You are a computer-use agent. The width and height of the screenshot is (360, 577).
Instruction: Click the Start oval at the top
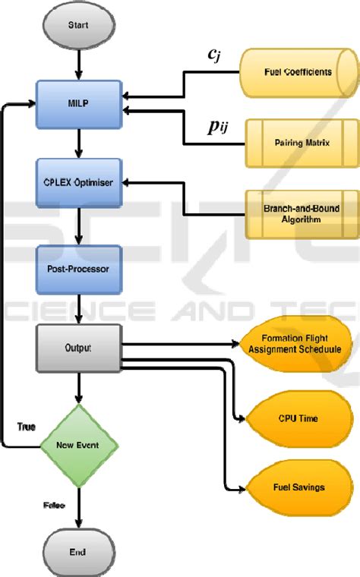(x=77, y=25)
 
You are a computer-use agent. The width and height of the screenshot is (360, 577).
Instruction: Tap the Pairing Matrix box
(x=302, y=142)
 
